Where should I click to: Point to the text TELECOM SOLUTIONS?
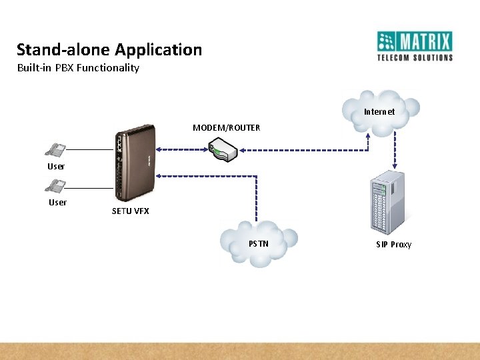[415, 58]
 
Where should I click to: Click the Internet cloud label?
[379, 112]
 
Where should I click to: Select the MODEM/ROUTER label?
[226, 127]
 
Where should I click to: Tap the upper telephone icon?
[56, 150]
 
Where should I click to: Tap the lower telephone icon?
[56, 186]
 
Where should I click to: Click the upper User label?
[56, 166]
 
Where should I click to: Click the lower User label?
[58, 203]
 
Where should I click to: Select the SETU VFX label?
[131, 211]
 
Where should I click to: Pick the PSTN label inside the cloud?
[259, 243]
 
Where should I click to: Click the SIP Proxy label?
[393, 245]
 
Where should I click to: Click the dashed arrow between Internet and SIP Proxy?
[394, 149]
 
